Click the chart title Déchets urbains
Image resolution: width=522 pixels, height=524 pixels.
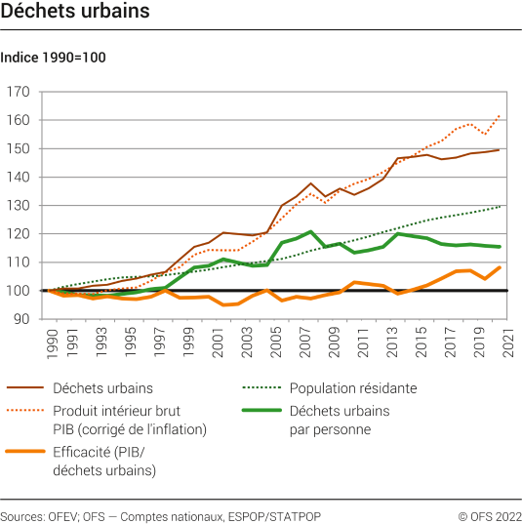tap(75, 13)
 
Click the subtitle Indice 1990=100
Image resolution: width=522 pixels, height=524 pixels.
tap(54, 58)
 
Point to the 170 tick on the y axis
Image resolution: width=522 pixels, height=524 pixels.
tap(20, 92)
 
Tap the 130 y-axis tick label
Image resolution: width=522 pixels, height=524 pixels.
tap(20, 206)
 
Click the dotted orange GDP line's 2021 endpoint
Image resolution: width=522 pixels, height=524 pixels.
tap(500, 116)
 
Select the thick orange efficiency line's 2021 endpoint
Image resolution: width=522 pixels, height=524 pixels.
tap(500, 266)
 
